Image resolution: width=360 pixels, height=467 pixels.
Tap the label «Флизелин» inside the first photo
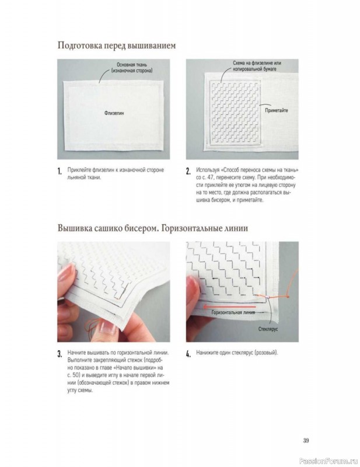pos(114,113)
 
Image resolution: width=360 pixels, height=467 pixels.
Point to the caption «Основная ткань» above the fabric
pos(132,65)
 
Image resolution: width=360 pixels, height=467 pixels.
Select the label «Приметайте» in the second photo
pos(277,110)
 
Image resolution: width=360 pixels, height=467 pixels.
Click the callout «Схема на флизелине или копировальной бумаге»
pos(257,66)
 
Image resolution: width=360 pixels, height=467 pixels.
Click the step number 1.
pos(60,171)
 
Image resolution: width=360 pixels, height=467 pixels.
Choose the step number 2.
pos(188,171)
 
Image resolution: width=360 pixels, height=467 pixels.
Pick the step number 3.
pos(60,354)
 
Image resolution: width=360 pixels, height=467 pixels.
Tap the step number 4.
pos(188,354)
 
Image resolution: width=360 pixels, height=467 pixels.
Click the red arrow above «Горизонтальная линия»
pos(229,306)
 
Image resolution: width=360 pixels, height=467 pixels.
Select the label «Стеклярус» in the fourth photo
pos(268,329)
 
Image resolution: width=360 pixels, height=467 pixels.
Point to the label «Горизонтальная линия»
pos(233,312)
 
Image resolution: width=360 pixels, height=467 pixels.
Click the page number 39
pos(306,440)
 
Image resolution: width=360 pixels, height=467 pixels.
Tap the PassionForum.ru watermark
pos(328,461)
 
